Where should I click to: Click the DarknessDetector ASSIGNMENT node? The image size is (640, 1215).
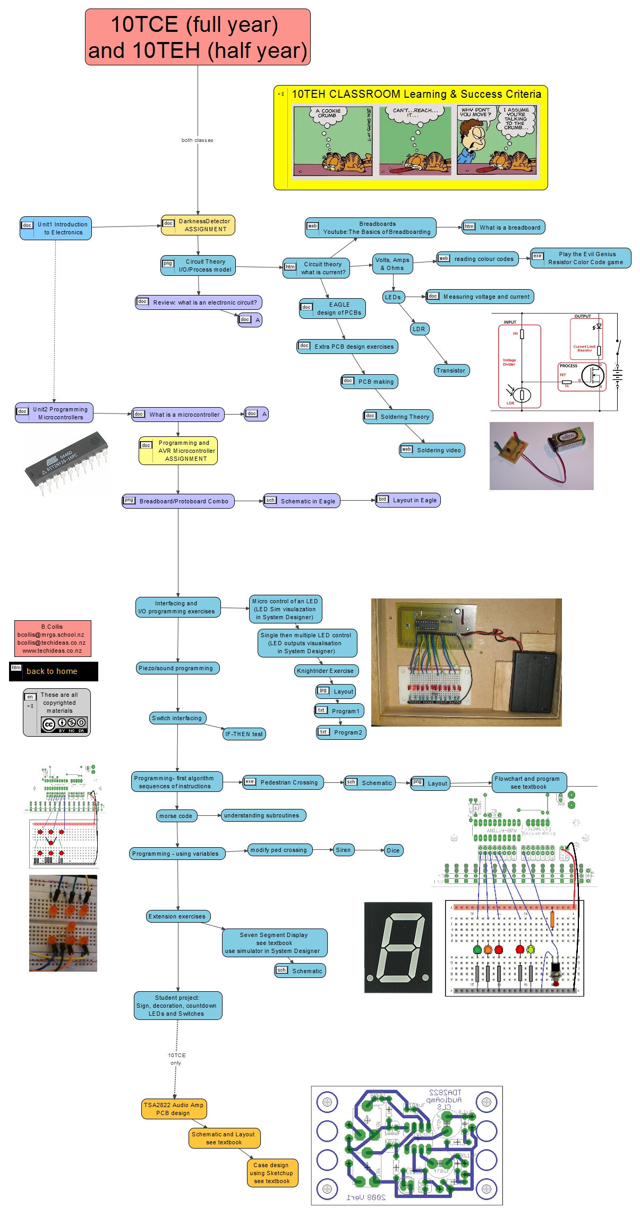tap(198, 225)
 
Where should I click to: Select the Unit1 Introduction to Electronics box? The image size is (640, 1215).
tap(56, 229)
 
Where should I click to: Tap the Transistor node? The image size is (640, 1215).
tap(451, 370)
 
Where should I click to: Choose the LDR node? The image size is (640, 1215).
tap(419, 329)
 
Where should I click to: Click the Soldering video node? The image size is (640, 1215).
tap(432, 450)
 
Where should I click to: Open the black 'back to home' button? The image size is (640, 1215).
tap(53, 671)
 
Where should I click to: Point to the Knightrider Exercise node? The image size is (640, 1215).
tap(326, 671)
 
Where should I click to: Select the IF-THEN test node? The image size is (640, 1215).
tap(244, 734)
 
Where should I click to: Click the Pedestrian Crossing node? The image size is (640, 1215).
tap(283, 782)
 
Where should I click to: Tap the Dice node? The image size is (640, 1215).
tap(393, 850)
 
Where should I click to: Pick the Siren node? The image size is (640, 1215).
tap(344, 850)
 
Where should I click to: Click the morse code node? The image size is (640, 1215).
tap(176, 816)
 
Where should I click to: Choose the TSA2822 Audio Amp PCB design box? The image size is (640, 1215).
tap(174, 1109)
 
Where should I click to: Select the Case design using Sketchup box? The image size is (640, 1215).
tap(272, 1172)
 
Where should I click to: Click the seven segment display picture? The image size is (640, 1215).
tap(398, 948)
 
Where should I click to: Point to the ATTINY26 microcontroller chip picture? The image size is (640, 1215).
tap(66, 462)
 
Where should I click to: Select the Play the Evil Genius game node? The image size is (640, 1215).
tap(581, 258)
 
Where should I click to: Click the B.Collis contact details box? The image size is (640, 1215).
tap(53, 638)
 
